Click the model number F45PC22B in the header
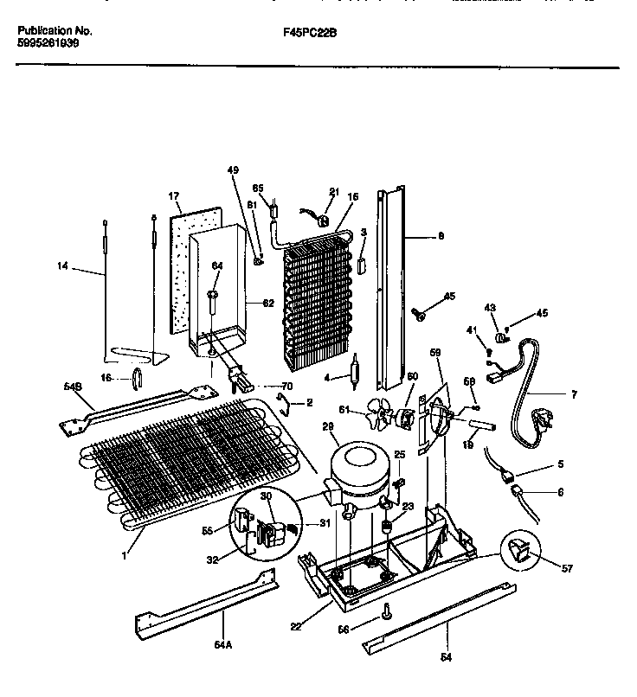310,32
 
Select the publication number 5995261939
48,42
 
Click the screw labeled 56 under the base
387,614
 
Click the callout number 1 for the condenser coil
123,556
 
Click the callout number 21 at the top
333,192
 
